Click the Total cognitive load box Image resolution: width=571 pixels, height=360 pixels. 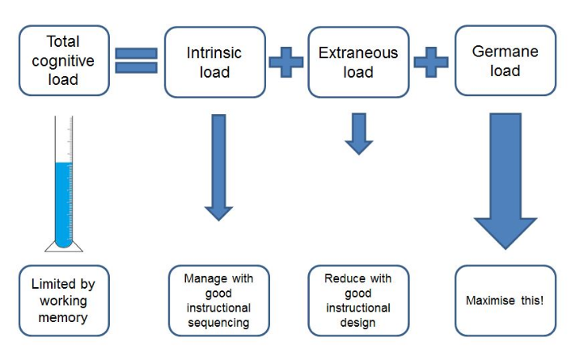point(63,61)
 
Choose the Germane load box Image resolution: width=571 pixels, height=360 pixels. point(505,61)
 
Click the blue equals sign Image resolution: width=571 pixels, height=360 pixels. point(136,61)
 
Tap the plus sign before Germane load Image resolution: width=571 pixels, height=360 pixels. point(431,61)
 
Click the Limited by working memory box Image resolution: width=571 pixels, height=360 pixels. point(63,300)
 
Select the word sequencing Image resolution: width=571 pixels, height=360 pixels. point(218,323)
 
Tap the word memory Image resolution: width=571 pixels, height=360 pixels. point(63,317)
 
